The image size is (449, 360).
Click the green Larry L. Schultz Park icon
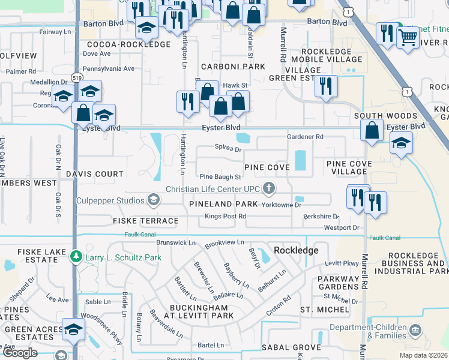click(x=76, y=257)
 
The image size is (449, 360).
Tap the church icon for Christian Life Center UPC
click(x=269, y=189)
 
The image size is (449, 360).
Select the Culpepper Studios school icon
click(x=154, y=200)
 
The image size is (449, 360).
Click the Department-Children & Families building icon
click(x=414, y=331)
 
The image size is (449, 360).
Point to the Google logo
click(x=20, y=353)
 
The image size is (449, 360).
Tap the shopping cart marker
click(x=408, y=37)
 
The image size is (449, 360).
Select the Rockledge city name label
click(x=295, y=250)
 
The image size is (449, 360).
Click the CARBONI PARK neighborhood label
click(x=234, y=66)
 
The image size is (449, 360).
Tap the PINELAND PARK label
click(x=223, y=205)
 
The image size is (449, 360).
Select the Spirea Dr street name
click(x=228, y=149)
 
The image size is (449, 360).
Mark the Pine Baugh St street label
click(x=220, y=177)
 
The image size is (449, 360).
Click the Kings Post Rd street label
click(x=225, y=216)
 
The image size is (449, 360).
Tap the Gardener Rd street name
click(x=305, y=137)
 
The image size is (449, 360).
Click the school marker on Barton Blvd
click(x=146, y=28)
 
